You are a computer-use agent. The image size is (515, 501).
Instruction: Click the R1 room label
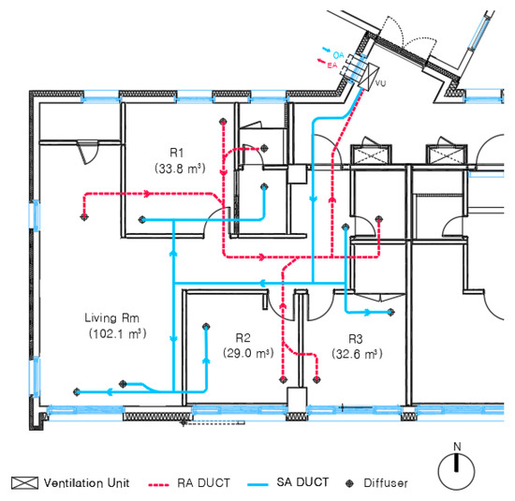coord(176,151)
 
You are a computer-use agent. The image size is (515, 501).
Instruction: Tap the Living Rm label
coord(112,317)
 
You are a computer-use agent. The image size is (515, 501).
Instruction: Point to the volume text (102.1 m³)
coord(112,333)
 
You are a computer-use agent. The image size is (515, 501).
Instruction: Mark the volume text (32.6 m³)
coord(357,354)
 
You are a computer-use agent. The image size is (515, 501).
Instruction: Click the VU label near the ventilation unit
coord(381,84)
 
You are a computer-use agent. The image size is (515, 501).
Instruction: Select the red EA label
coord(331,66)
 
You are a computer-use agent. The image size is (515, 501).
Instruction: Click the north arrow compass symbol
coord(457,467)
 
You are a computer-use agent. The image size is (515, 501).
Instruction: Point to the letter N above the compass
coord(457,445)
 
